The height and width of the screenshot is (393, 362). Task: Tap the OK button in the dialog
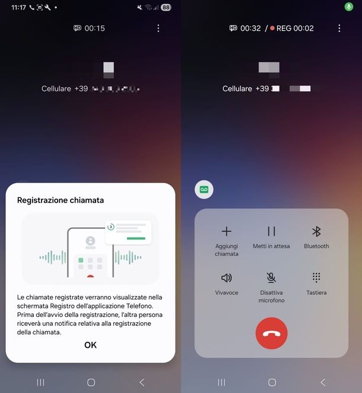pos(90,345)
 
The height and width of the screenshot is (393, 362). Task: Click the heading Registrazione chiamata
pos(61,200)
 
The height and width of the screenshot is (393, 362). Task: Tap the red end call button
pos(271,333)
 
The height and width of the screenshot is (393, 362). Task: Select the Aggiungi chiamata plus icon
pos(226,231)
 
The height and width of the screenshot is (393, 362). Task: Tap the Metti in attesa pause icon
pos(271,231)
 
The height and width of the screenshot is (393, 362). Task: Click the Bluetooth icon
pos(316,231)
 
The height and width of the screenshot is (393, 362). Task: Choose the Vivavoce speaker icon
pos(226,278)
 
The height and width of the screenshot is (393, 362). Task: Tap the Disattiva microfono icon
pos(271,278)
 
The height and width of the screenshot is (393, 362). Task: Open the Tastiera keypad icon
pos(316,278)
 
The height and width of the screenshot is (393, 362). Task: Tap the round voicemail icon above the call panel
pos(204,190)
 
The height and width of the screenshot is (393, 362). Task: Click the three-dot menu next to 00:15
pos(158,29)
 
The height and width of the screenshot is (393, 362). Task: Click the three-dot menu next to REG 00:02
pos(339,29)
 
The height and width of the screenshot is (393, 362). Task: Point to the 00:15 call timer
pos(95,29)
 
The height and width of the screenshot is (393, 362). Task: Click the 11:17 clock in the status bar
pos(18,8)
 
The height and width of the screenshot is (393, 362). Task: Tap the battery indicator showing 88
pos(166,8)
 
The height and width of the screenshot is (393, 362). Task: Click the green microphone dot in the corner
pos(349,7)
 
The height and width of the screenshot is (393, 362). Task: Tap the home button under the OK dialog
pos(91,382)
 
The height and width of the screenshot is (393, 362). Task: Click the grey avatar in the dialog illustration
pos(90,241)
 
